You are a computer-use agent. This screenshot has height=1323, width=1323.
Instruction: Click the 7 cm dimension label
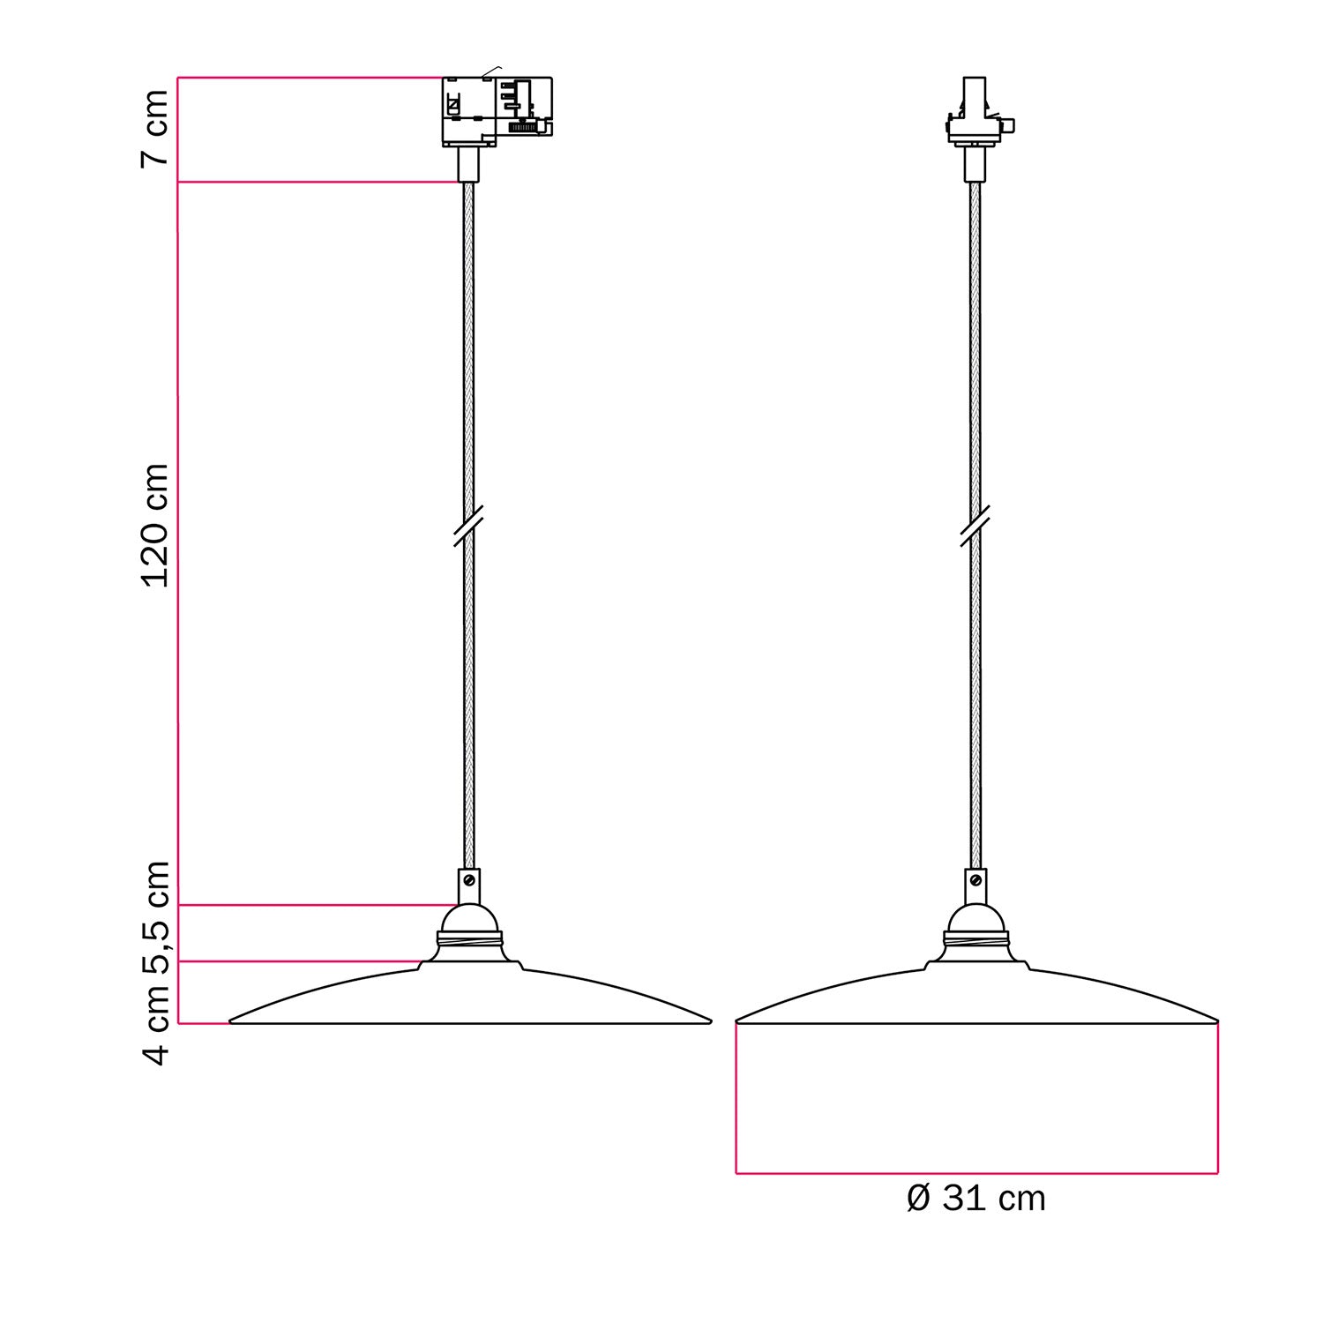coord(155,128)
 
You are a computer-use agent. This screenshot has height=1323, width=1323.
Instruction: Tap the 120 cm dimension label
coord(155,526)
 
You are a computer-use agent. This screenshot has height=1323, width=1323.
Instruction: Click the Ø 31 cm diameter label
coord(975,1199)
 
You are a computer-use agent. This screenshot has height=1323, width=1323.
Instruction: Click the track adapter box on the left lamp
coord(496,109)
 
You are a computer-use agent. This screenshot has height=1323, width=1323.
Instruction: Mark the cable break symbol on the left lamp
coord(468,526)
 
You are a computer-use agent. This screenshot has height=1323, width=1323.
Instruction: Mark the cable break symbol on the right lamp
coord(975,526)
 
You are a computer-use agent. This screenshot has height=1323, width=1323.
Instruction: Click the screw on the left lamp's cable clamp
coord(469,880)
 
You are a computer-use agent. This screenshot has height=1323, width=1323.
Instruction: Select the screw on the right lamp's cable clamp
coord(975,880)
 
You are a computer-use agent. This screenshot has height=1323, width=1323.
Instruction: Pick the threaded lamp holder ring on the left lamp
coord(469,941)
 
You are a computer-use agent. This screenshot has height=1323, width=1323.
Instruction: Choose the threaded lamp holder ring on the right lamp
coord(975,941)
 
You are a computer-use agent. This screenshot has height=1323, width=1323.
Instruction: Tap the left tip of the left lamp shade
coord(232,1021)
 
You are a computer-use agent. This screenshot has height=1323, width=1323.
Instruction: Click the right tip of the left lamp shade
coord(709,1021)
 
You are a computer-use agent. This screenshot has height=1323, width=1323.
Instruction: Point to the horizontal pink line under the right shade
coord(975,1173)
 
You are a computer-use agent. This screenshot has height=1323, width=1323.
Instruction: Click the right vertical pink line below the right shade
coord(1218,1098)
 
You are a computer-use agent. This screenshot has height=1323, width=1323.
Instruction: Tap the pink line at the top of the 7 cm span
coord(309,78)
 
